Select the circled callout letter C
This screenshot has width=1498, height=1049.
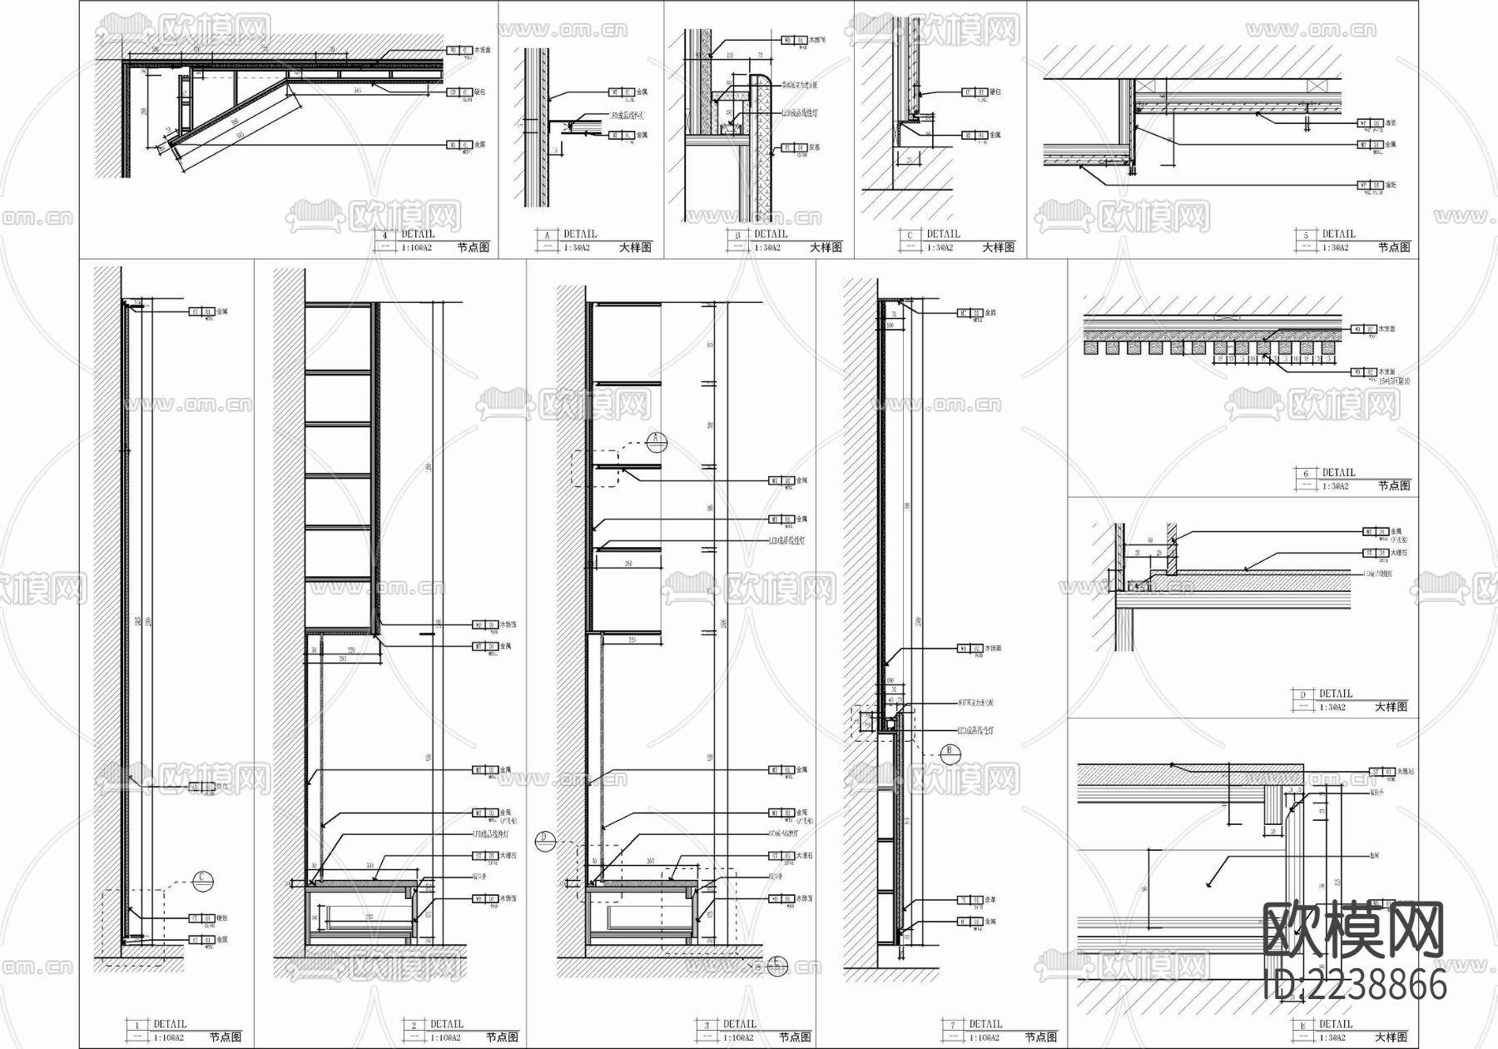(x=202, y=877)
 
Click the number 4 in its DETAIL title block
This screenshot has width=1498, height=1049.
(x=385, y=235)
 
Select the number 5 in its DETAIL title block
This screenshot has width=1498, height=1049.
(x=1306, y=235)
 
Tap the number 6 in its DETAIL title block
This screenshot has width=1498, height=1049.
(x=1306, y=474)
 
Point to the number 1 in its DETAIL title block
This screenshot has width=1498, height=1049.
(x=136, y=1025)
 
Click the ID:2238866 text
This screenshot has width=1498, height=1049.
(x=1355, y=986)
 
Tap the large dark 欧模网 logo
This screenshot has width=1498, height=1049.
(x=1353, y=931)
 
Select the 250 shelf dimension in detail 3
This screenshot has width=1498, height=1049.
(x=627, y=564)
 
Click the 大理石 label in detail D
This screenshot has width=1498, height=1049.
(x=1401, y=553)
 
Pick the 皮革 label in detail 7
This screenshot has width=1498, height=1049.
(x=991, y=900)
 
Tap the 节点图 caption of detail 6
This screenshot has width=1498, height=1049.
(x=1394, y=485)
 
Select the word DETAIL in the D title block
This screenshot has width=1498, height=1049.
(x=1336, y=694)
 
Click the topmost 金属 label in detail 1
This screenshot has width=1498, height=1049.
(x=221, y=312)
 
